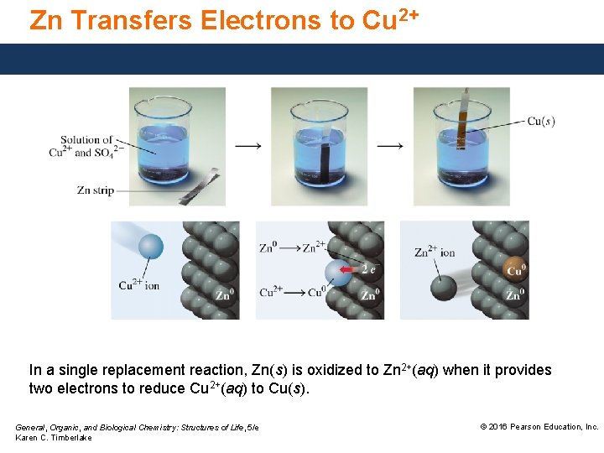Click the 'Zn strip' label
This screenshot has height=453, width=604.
[95, 190]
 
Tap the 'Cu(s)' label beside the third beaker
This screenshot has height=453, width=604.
[541, 121]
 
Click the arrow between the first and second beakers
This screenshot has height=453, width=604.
[247, 145]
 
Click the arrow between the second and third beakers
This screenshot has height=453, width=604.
[389, 145]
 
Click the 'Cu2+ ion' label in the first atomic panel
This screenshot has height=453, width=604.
[138, 285]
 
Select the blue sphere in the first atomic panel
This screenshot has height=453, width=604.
[150, 247]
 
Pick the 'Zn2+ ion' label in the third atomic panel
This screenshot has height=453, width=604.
[435, 252]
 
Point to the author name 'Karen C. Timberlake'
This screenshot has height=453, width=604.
[54, 438]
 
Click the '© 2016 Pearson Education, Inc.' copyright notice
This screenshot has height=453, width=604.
[539, 427]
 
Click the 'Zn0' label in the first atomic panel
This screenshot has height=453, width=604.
[223, 295]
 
